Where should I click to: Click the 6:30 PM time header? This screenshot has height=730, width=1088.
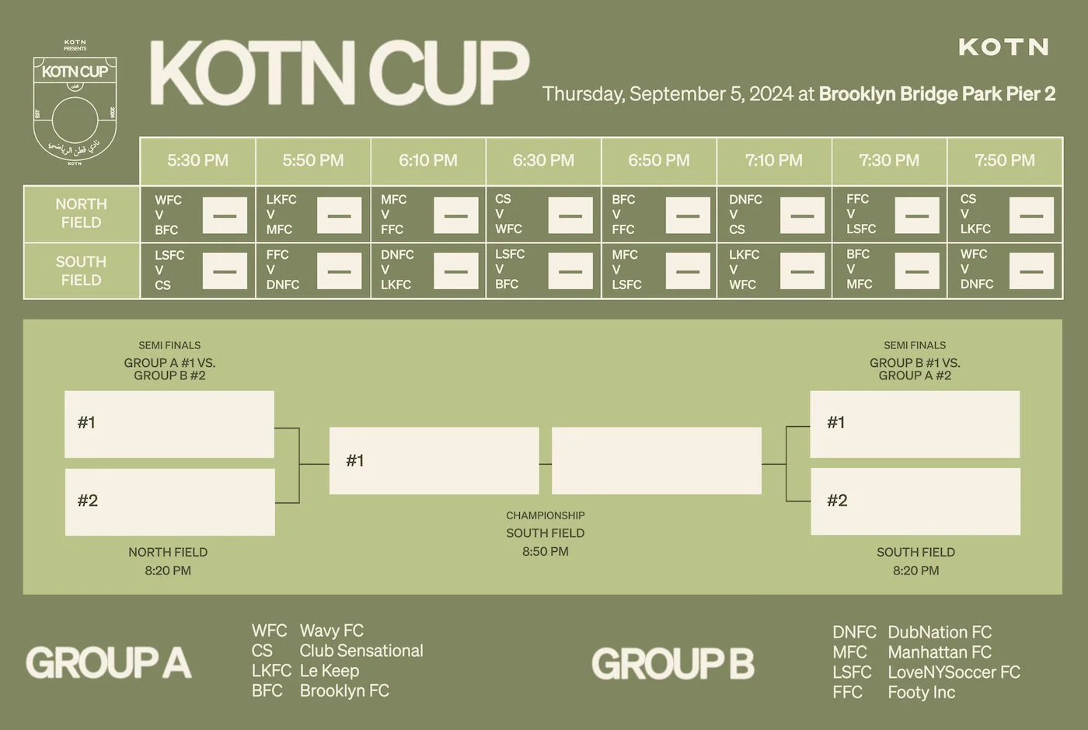point(543,161)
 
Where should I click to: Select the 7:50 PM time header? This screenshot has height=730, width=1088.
point(1004,161)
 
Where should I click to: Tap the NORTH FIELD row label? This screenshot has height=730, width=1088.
point(82,213)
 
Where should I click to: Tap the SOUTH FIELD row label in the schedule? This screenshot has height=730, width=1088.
point(82,271)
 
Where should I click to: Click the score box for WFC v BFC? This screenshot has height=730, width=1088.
point(225,215)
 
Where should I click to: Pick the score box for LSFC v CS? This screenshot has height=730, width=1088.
point(225,271)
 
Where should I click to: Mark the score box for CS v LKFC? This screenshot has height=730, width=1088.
point(1031,215)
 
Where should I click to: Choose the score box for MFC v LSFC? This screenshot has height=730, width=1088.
point(688,271)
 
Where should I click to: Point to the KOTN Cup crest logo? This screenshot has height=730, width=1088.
point(75,104)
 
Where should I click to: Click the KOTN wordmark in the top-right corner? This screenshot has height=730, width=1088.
point(1003,47)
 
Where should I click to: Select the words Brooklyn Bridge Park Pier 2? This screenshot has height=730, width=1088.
point(936,94)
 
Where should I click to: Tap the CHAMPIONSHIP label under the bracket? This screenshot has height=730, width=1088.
point(546,515)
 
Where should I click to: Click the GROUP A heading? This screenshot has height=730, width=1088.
point(109,663)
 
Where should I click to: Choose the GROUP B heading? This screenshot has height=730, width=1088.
point(673,664)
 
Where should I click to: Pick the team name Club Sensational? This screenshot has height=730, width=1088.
point(361,651)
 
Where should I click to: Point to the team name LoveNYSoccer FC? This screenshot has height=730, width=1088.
point(954,672)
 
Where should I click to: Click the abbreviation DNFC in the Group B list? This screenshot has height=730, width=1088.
point(854,632)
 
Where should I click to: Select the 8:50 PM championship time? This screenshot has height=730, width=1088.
point(546,551)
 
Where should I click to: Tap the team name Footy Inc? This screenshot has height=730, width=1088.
point(921,692)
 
